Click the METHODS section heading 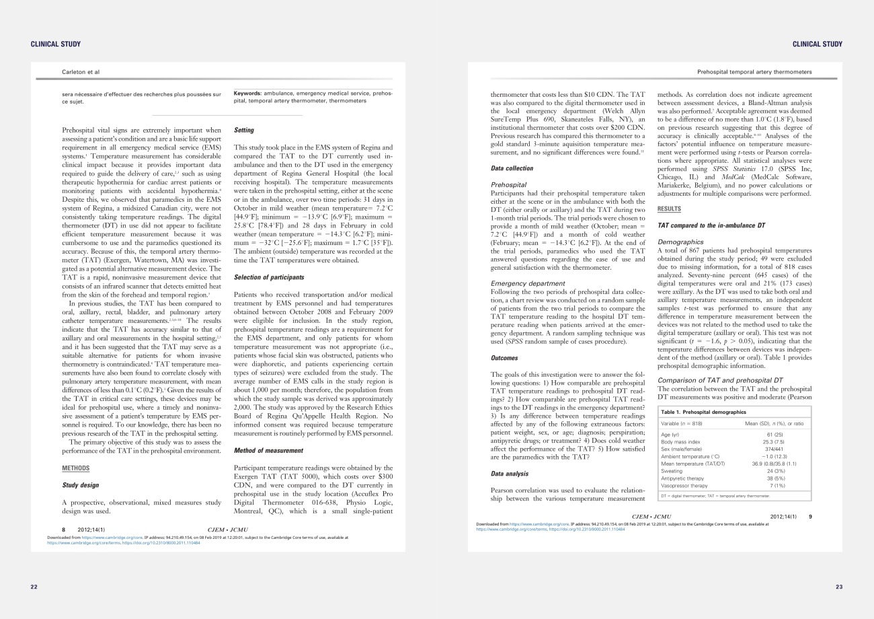click(x=76, y=468)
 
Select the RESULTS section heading click(x=669, y=209)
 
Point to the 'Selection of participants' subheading click(x=268, y=277)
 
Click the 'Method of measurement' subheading click(x=267, y=450)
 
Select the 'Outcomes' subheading click(x=508, y=358)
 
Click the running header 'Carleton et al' click(x=81, y=71)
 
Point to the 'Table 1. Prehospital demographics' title click(x=704, y=411)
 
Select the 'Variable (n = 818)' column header click(x=686, y=423)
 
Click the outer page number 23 click(x=838, y=587)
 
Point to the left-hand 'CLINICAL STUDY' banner click(x=56, y=44)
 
